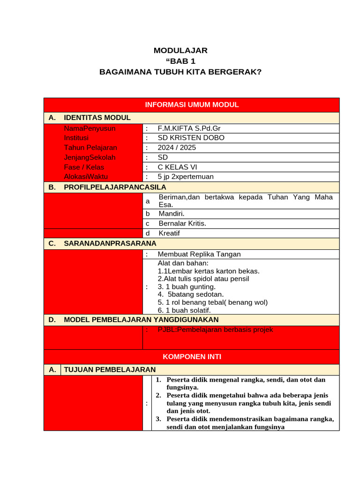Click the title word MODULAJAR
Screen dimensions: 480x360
180,51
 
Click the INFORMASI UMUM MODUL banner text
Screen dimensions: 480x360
192,105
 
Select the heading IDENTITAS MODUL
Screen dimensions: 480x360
97,118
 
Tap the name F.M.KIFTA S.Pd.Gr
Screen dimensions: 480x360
189,128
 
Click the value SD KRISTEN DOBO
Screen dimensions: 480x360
191,138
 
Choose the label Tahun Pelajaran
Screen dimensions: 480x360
90,148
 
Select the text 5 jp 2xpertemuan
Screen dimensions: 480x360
186,177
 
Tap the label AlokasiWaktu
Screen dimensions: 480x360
86,177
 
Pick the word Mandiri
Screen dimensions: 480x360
172,214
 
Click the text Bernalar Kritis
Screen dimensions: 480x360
182,224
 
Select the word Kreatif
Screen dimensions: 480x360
169,233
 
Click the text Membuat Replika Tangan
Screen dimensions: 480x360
199,254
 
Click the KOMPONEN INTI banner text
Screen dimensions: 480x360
192,357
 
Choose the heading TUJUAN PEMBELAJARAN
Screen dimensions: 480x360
110,370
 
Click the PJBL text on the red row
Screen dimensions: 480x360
215,330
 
